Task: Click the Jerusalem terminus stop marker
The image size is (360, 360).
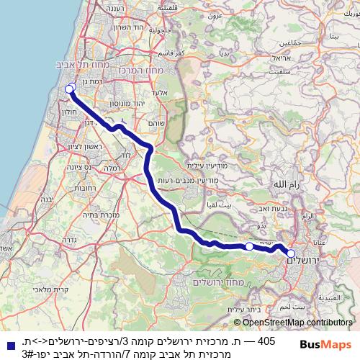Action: [x=291, y=253]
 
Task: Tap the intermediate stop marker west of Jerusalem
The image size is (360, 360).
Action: [x=249, y=246]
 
